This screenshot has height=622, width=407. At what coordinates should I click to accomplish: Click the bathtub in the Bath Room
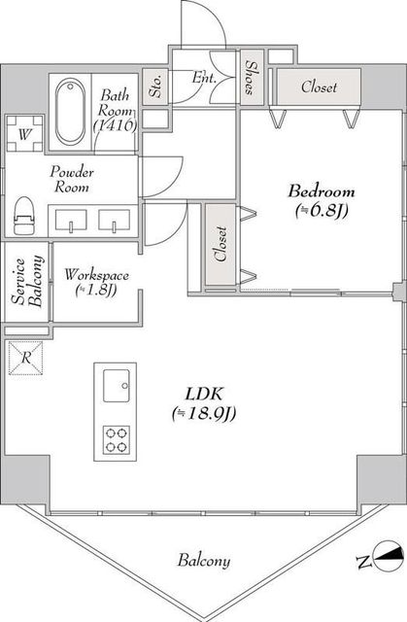coord(70,112)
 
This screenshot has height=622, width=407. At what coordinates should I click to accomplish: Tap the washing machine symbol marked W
coord(24,134)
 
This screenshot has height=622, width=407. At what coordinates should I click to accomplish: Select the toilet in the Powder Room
coord(23,216)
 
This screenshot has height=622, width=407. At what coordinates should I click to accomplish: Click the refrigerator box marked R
coord(26,358)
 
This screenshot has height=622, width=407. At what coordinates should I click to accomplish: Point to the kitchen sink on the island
coord(117,386)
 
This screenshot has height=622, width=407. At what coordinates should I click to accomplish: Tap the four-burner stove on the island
coord(117,439)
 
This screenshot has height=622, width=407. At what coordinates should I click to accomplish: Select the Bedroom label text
coord(321,191)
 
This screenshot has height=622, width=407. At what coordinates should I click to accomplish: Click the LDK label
coord(204,394)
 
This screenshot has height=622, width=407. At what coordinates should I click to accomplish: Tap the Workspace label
coord(97,274)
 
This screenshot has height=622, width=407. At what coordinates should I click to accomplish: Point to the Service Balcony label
coord(27,282)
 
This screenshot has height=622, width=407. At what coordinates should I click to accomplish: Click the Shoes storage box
coord(252,78)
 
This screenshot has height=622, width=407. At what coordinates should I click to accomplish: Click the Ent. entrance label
coord(205,78)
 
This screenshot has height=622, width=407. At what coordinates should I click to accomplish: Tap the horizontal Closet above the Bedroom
coord(319,86)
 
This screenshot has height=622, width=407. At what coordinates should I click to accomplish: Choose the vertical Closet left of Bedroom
coord(220,244)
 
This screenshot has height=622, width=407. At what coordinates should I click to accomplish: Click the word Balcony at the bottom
coord(204,561)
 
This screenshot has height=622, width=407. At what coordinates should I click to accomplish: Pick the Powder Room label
coord(72,179)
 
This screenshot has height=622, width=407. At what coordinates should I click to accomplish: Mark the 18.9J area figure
coord(204,414)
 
